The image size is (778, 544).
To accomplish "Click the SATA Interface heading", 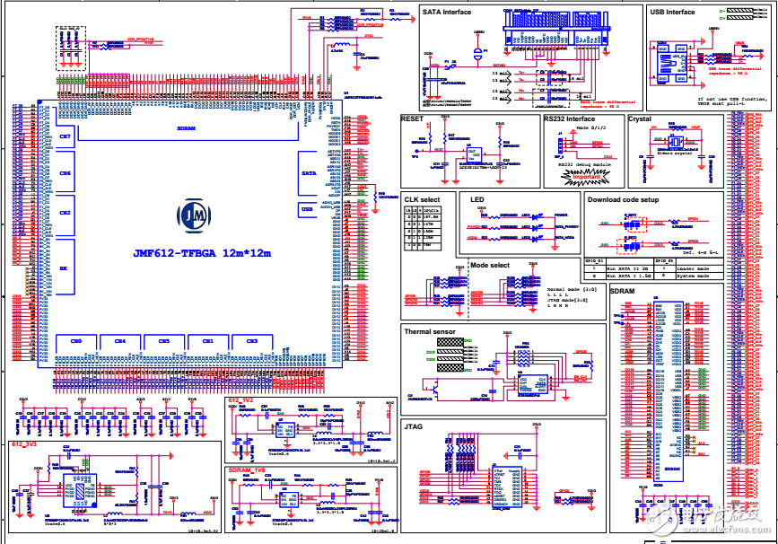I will pyautogui.click(x=445, y=13).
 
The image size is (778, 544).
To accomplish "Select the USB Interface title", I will pyautogui.click(x=672, y=13).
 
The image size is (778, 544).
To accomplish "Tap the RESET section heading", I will pyautogui.click(x=412, y=118).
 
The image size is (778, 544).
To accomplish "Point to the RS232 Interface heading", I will pyautogui.click(x=569, y=118).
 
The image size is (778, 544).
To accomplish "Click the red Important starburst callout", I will pyautogui.click(x=579, y=177).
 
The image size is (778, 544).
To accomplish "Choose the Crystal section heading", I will pyautogui.click(x=640, y=118).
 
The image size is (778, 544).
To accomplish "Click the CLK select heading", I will pyautogui.click(x=423, y=199).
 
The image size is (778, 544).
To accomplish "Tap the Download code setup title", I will pyautogui.click(x=624, y=199).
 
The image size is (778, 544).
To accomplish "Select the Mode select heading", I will pyautogui.click(x=490, y=266).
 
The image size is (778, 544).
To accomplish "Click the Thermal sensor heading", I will pyautogui.click(x=430, y=331).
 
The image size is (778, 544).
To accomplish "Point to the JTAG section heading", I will pyautogui.click(x=414, y=426).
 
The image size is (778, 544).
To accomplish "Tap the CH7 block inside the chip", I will pyautogui.click(x=65, y=136).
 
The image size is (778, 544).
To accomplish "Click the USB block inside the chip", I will pyautogui.click(x=308, y=208).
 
